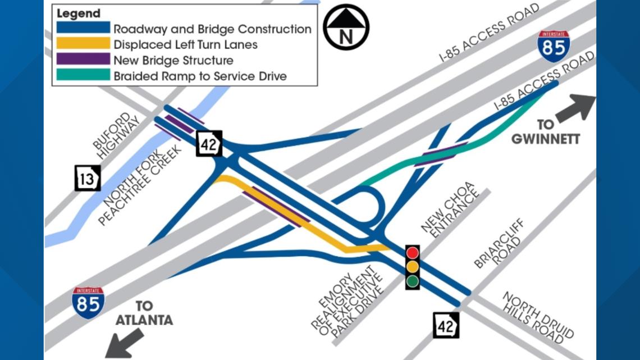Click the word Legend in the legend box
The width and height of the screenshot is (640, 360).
79,13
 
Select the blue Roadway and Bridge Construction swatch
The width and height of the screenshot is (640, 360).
83,28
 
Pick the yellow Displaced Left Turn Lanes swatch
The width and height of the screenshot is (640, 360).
83,44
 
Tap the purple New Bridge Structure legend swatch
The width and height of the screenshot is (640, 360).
83,60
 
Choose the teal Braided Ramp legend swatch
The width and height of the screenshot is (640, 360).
83,75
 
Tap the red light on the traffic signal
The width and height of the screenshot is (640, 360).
413,252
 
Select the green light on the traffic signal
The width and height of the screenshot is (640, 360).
413,281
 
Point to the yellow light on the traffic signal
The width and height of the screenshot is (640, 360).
413,267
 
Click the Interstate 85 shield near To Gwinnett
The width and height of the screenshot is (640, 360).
554,46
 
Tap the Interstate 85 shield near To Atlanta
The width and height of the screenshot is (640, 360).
88,303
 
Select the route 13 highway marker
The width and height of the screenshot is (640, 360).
88,178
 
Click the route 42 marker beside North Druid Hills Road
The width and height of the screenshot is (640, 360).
446,325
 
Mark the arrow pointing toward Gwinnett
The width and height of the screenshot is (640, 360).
577,107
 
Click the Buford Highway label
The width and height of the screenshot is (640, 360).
115,135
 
